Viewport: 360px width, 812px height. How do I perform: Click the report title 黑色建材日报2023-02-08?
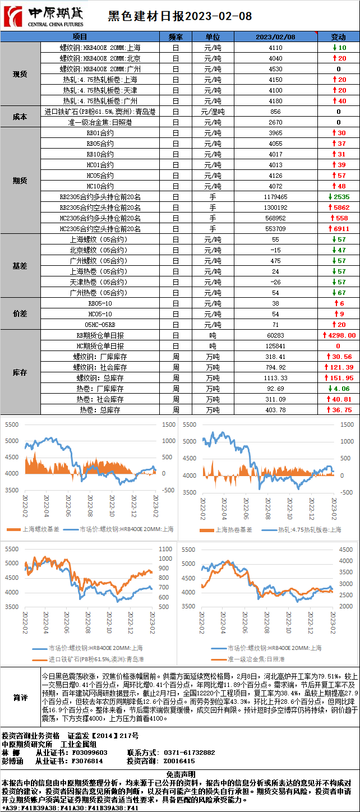[x=179, y=17]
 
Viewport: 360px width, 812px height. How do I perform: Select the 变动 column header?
[x=339, y=36]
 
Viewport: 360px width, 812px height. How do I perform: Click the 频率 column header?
[x=176, y=36]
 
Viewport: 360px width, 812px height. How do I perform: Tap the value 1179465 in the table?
[x=275, y=197]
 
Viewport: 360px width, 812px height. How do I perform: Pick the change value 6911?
[x=339, y=229]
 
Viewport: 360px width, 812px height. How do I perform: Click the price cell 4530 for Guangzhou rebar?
[x=275, y=69]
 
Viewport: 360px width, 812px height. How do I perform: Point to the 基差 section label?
[x=20, y=266]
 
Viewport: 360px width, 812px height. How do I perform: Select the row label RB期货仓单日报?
[x=100, y=335]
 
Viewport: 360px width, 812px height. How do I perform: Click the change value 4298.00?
[x=340, y=335]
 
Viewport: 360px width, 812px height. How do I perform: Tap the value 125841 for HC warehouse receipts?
[x=275, y=346]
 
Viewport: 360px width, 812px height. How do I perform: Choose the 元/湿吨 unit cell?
[x=213, y=112]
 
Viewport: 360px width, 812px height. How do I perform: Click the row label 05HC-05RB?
[x=100, y=325]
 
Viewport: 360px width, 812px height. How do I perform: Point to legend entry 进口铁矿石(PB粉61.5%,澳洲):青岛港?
[x=89, y=659]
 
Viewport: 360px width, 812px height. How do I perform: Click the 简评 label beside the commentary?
[x=20, y=698]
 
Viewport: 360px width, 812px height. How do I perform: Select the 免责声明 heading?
[x=180, y=774]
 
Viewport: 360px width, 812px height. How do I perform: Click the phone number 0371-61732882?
[x=189, y=753]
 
